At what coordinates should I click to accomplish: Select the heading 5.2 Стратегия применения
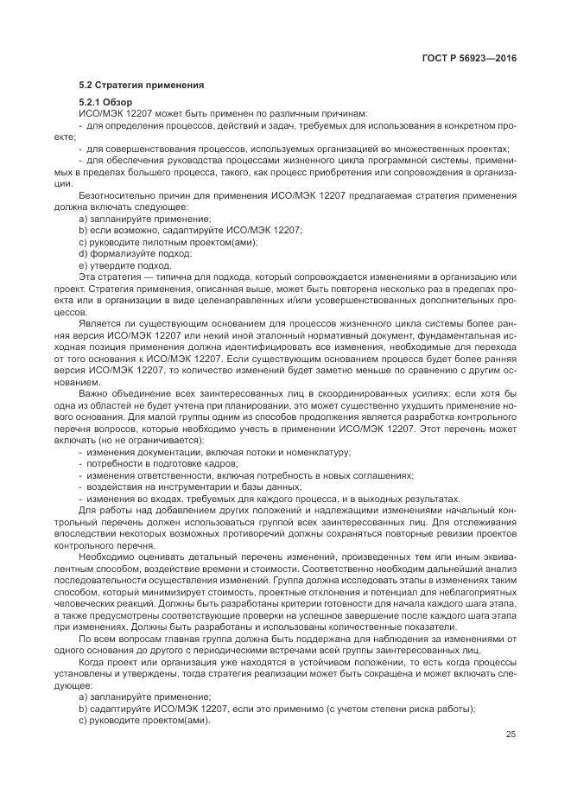pos(142,86)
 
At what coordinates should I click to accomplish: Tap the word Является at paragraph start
pos(99,321)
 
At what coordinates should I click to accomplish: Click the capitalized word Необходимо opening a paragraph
pos(106,554)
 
